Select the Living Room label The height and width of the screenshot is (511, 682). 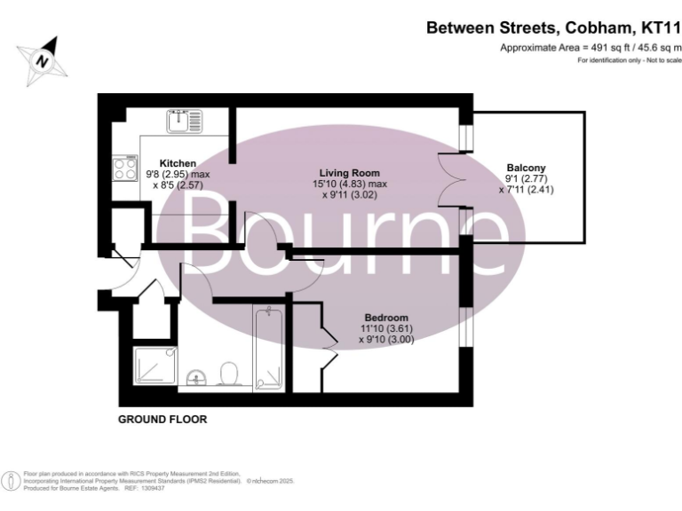pyautogui.click(x=352, y=173)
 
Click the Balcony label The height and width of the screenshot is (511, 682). pyautogui.click(x=526, y=168)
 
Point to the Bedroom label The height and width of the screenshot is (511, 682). pyautogui.click(x=386, y=318)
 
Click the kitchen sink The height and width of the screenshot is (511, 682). pyautogui.click(x=185, y=120)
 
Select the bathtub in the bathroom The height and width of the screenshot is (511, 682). pyautogui.click(x=268, y=349)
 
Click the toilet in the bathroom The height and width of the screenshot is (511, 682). pyautogui.click(x=228, y=373)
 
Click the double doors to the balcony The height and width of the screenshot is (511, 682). pyautogui.click(x=450, y=180)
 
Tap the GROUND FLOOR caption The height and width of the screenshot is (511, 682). pyautogui.click(x=163, y=420)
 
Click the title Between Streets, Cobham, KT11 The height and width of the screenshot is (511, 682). pyautogui.click(x=553, y=28)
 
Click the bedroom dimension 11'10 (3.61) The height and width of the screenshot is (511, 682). pyautogui.click(x=386, y=328)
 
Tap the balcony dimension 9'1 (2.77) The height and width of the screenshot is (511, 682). pyautogui.click(x=526, y=178)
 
